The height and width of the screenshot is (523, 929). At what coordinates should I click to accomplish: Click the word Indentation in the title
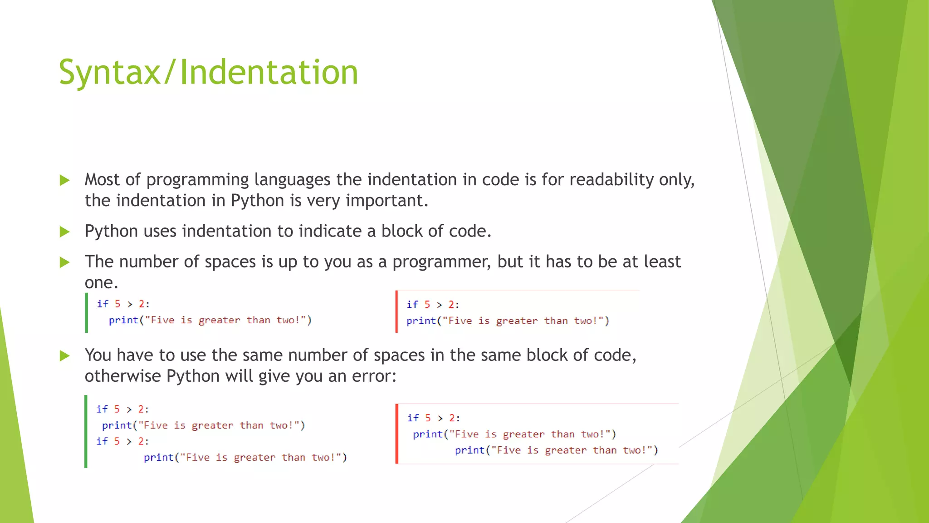(269, 73)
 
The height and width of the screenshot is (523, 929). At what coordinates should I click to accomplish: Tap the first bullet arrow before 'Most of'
(65, 180)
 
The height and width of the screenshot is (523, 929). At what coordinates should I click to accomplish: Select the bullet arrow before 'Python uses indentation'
(65, 232)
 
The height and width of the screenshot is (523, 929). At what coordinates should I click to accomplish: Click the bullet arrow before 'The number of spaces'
(65, 262)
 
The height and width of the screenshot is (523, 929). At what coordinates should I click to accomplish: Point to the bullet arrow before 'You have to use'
(65, 356)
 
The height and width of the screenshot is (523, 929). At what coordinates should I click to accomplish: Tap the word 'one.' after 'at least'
(101, 283)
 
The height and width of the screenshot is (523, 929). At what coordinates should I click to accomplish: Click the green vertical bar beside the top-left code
(86, 313)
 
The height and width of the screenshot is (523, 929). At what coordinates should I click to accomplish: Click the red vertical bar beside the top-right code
(396, 312)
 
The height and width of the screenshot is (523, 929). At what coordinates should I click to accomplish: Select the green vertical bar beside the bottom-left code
(86, 431)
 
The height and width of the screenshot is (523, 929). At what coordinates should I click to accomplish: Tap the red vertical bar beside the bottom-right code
(396, 434)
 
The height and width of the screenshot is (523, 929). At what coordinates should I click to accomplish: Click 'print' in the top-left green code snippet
(123, 320)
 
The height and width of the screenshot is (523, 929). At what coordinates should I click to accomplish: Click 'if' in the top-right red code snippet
(412, 305)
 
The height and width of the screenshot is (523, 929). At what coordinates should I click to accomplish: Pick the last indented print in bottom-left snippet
(159, 458)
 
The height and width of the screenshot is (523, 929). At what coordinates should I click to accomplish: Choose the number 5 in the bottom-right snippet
(428, 418)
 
